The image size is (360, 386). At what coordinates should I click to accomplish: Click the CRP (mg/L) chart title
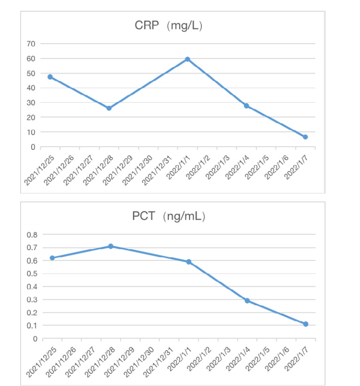(x=168, y=26)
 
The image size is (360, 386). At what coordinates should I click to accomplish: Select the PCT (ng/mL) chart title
(x=169, y=217)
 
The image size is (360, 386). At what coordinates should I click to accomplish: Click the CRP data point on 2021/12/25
(x=50, y=77)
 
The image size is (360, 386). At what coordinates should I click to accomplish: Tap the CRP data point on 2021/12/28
(x=109, y=108)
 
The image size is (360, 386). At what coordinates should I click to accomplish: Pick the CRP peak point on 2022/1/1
(x=187, y=59)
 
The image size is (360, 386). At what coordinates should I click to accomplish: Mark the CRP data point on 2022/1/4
(x=246, y=106)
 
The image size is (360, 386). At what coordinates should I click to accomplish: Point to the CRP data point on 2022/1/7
(x=305, y=137)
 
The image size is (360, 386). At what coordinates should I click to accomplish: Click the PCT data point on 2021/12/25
(x=52, y=258)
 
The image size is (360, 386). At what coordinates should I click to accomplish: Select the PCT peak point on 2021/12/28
(x=111, y=246)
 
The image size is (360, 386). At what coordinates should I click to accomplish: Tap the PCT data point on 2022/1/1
(x=188, y=262)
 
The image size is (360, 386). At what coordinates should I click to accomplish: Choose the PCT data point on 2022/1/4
(x=247, y=301)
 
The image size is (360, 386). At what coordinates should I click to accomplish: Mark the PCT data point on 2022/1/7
(x=306, y=324)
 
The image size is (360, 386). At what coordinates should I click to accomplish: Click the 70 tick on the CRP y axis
(x=30, y=44)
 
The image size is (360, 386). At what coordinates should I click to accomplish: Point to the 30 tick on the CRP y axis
(x=30, y=103)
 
